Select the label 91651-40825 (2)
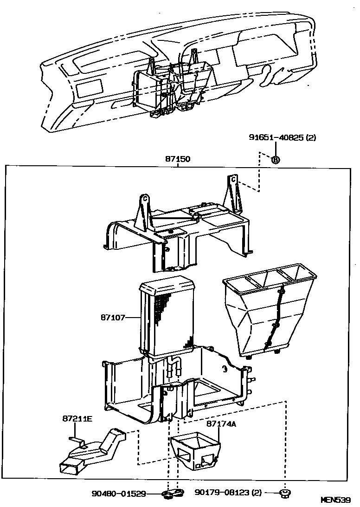(x=282, y=137)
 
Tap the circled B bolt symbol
(x=275, y=160)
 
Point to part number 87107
(x=113, y=318)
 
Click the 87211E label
(x=77, y=419)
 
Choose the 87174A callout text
(x=222, y=424)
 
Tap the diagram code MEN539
(x=336, y=500)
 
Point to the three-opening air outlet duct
(x=269, y=311)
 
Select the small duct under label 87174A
(x=195, y=450)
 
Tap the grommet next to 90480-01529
(x=173, y=493)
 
